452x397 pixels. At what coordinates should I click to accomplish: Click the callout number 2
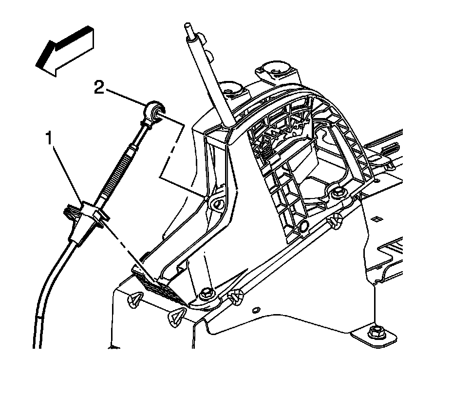click(99, 88)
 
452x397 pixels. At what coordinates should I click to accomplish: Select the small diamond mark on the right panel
click(377, 218)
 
